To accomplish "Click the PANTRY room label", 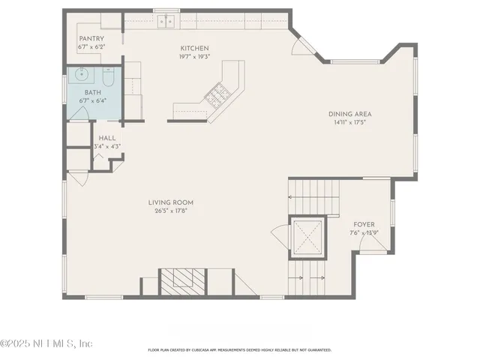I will click(x=91, y=38).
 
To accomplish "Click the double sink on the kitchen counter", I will click(x=165, y=21).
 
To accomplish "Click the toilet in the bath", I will click(x=108, y=77).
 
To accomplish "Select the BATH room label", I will click(x=92, y=93).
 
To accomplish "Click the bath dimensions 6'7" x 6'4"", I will click(x=92, y=101).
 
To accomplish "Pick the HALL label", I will click(x=106, y=138).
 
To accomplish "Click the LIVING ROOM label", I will click(x=171, y=202).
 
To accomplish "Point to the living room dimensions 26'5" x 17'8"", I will click(x=171, y=210).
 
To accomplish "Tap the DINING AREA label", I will click(x=349, y=114).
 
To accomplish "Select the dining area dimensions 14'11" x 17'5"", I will click(x=349, y=122).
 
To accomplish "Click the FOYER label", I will click(x=364, y=224).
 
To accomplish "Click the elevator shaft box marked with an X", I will click(x=308, y=236).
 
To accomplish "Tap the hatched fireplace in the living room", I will click(x=180, y=279).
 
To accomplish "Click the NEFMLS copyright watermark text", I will click(x=46, y=343).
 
